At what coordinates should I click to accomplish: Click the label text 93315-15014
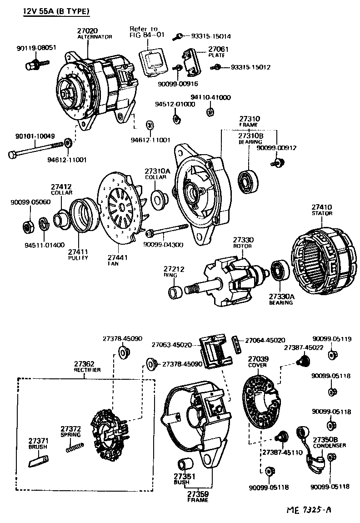coord(210,36)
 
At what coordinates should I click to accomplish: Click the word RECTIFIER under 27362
coord(87,370)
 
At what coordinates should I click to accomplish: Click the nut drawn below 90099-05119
coord(332,355)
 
